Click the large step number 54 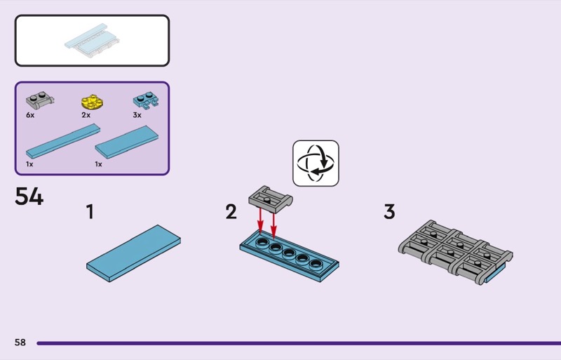29,196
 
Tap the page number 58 20,342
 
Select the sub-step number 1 90,211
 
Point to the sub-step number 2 231,211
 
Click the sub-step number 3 389,211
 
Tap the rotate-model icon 316,163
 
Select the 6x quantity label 30,114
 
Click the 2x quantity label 86,114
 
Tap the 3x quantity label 137,114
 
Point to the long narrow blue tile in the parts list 62,142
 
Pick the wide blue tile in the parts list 127,142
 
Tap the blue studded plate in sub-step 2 289,255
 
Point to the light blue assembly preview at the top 92,41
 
